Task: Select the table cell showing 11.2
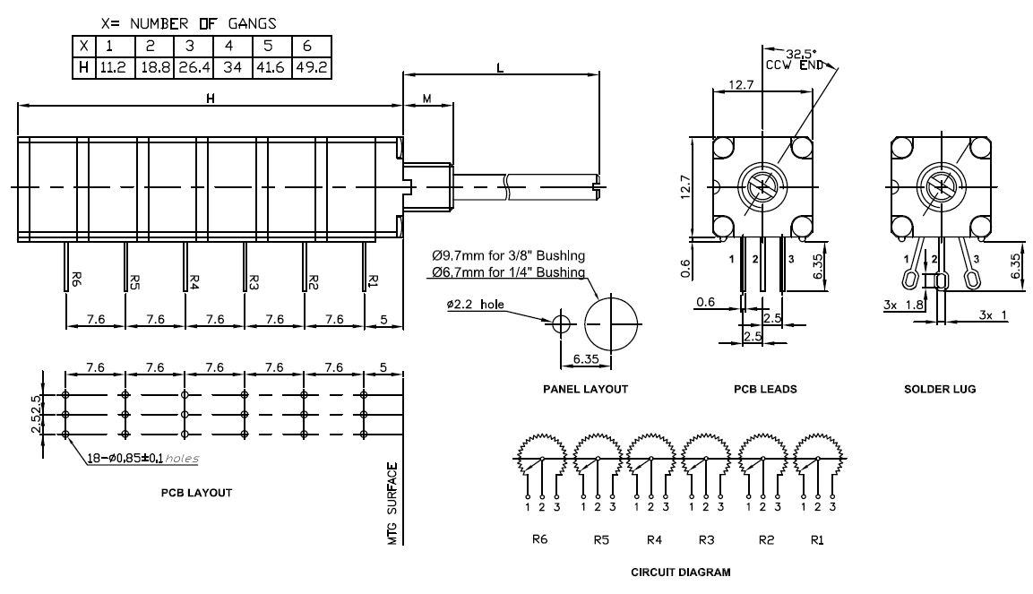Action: (112, 67)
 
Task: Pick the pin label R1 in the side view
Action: (372, 280)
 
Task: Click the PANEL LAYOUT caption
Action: (585, 390)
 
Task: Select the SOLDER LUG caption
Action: (939, 390)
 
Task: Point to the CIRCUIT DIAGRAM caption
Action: (679, 571)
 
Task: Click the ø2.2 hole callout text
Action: (475, 305)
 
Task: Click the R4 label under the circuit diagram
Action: (653, 540)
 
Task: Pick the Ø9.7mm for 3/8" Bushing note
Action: (508, 258)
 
